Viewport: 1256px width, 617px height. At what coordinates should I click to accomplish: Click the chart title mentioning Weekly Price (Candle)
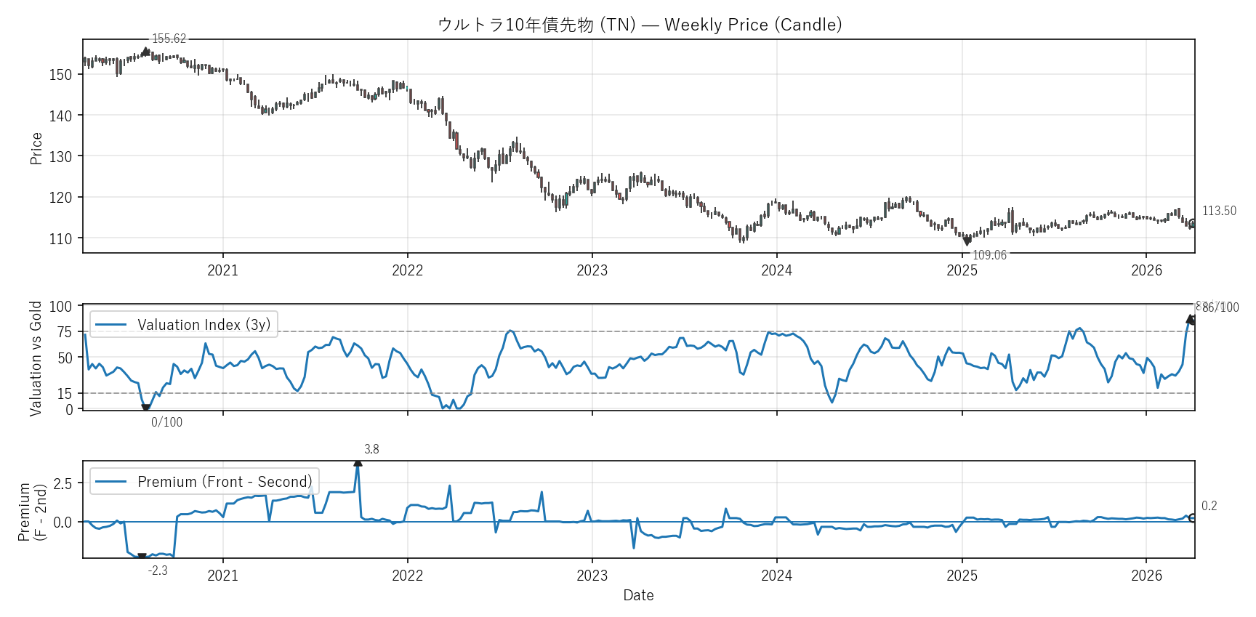point(640,25)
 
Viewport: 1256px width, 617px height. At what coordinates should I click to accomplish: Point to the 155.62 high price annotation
point(169,39)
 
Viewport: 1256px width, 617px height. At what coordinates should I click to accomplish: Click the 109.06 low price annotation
point(989,255)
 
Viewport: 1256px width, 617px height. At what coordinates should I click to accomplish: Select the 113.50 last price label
point(1219,211)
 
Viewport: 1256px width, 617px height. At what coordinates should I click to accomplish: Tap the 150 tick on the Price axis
point(60,75)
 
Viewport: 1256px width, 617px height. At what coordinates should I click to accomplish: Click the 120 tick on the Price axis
point(60,198)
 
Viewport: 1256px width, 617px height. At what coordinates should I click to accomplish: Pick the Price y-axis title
point(36,148)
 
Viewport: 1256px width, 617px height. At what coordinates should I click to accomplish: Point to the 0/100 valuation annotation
point(166,422)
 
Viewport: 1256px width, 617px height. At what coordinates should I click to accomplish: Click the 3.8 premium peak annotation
point(371,449)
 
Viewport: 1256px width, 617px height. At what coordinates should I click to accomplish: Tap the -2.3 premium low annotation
point(158,570)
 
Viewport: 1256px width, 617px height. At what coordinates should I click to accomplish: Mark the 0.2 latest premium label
point(1209,506)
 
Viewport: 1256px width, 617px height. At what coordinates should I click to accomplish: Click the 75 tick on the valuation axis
point(65,332)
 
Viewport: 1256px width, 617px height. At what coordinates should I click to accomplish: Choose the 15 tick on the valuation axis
point(65,394)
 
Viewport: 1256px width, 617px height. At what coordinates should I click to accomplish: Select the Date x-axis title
point(638,595)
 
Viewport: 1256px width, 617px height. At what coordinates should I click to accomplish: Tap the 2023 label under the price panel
point(592,270)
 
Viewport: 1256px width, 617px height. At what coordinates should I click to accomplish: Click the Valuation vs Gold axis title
point(36,358)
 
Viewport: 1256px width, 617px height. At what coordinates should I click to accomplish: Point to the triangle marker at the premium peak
point(358,462)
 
